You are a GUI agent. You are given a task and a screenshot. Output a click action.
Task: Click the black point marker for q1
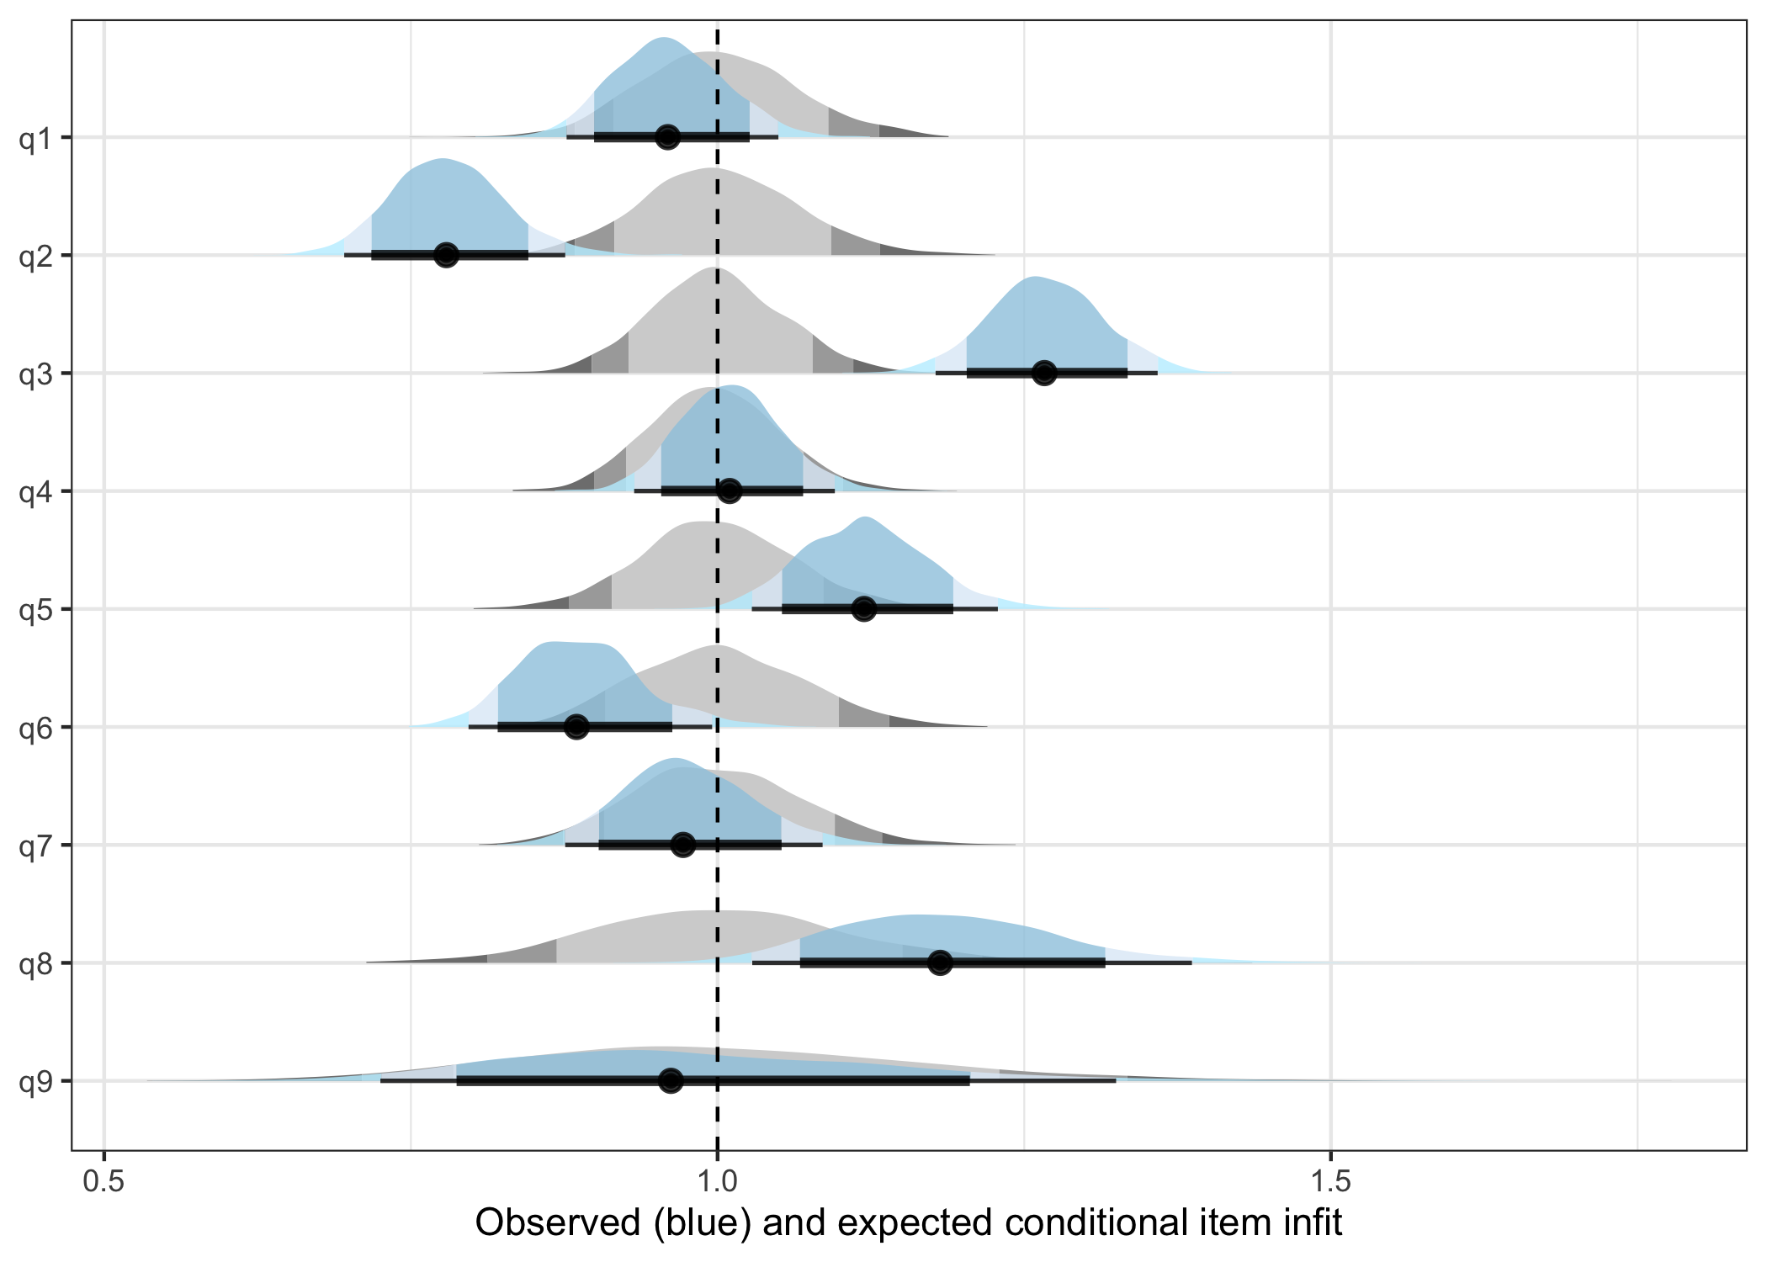pyautogui.click(x=668, y=137)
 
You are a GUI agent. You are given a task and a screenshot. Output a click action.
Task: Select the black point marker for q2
pyautogui.click(x=447, y=255)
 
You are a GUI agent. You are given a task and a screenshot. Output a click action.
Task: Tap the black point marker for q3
pyautogui.click(x=1044, y=373)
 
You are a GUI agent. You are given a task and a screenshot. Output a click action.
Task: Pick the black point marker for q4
pyautogui.click(x=730, y=490)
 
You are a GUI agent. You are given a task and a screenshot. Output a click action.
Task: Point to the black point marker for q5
pyautogui.click(x=864, y=608)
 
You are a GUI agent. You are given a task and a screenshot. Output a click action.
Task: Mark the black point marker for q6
pyautogui.click(x=576, y=726)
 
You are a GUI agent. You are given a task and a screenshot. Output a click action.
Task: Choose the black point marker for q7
pyautogui.click(x=683, y=844)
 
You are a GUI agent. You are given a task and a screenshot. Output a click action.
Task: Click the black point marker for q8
pyautogui.click(x=941, y=962)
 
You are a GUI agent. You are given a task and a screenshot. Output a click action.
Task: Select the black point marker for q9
pyautogui.click(x=671, y=1080)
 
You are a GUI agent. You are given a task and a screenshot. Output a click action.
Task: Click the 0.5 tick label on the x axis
pyautogui.click(x=103, y=1181)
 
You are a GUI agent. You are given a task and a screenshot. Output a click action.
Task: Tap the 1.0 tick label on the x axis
pyautogui.click(x=717, y=1181)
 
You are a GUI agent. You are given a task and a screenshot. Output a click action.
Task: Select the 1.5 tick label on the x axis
pyautogui.click(x=1330, y=1181)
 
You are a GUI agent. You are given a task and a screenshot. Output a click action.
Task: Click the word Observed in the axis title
pyautogui.click(x=558, y=1222)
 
